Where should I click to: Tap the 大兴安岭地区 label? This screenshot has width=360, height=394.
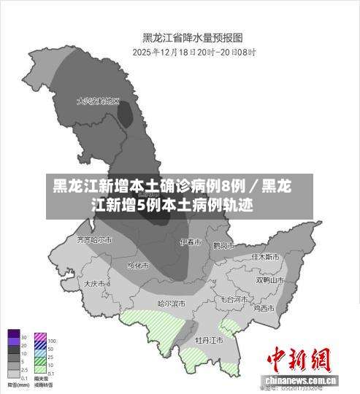[98, 101]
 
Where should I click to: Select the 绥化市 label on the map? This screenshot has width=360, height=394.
[138, 265]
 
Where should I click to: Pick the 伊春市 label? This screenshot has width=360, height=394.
[189, 242]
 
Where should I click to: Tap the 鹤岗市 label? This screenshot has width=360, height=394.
[222, 245]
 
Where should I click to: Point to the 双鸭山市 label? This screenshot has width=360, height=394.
[269, 280]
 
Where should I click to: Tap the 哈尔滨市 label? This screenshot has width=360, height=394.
[172, 303]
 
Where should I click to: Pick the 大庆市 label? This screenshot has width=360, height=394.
[95, 283]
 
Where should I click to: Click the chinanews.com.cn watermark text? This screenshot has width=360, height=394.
[300, 381]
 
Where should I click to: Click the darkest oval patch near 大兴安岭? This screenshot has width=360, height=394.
[126, 115]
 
